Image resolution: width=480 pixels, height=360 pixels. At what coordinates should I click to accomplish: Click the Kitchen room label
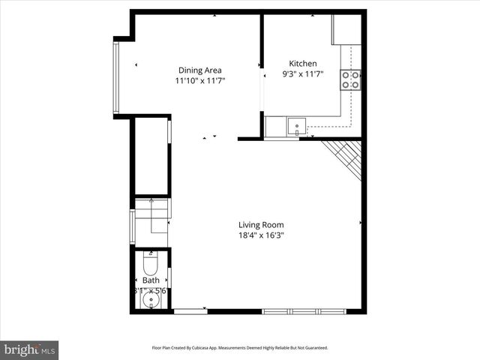click(303, 64)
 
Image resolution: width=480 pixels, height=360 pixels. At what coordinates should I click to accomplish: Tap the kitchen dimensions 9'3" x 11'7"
click(303, 74)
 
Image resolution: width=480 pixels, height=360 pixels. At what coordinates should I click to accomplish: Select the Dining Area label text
click(199, 70)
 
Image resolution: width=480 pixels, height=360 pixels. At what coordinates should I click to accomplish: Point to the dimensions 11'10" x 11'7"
click(199, 80)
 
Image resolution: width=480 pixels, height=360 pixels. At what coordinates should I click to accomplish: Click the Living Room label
click(261, 225)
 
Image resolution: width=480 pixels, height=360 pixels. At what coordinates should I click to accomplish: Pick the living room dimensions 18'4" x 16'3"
click(261, 235)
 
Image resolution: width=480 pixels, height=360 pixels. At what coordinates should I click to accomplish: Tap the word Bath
click(151, 280)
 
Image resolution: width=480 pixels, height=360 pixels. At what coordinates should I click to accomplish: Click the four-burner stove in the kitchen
click(350, 79)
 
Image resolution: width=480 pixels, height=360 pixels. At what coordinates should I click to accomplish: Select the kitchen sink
click(296, 126)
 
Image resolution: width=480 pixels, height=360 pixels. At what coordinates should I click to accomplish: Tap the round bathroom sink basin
click(151, 302)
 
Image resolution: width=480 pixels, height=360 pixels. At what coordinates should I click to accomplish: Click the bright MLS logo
click(30, 349)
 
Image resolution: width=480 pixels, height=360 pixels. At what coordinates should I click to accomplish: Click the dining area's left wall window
click(115, 76)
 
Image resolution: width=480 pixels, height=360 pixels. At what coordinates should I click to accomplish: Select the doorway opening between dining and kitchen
click(262, 90)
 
